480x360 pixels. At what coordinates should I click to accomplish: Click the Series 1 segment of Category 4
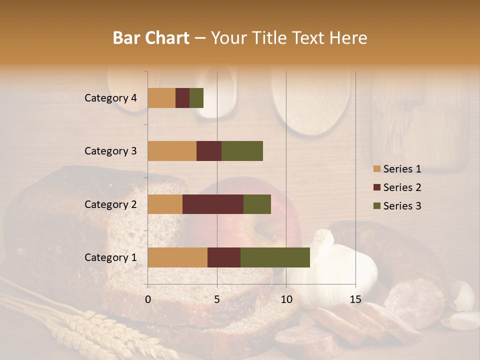tap(161, 98)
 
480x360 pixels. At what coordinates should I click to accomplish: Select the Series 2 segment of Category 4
tap(182, 98)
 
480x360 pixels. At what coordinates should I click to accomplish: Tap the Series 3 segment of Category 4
tap(196, 98)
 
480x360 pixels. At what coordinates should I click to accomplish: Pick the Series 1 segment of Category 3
tap(172, 151)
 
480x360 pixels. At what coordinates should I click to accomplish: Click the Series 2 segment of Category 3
tap(209, 151)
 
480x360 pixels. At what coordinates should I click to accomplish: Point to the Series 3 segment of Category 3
tap(242, 151)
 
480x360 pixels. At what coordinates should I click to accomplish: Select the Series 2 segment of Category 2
tap(213, 204)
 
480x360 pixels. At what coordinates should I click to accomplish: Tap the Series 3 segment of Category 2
tap(257, 204)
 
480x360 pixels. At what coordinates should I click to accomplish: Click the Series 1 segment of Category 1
tap(177, 257)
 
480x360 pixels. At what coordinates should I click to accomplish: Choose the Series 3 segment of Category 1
tap(275, 257)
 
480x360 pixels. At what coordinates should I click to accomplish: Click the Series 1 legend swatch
tap(376, 169)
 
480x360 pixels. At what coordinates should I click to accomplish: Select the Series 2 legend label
tap(402, 187)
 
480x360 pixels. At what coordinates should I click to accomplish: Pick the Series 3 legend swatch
tap(376, 206)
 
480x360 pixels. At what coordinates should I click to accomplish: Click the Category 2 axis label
tap(110, 204)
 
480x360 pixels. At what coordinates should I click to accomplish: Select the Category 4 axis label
tap(110, 98)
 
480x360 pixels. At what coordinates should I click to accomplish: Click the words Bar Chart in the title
tap(151, 38)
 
